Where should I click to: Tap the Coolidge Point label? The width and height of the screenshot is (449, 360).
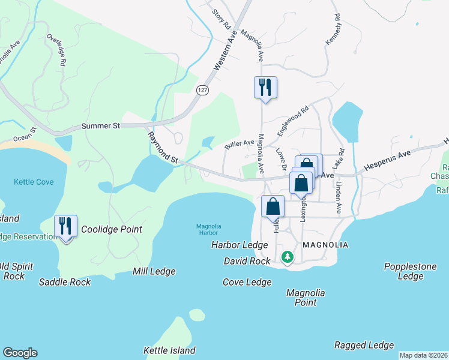111,229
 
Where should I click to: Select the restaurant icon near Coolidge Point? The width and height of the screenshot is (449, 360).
65,226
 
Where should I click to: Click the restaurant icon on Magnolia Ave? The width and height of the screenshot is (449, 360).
265,88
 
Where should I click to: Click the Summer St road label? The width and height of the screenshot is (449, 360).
101,126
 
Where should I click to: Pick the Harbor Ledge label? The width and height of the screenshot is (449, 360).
240,245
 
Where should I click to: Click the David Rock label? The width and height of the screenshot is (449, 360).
247,261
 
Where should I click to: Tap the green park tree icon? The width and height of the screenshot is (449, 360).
288,257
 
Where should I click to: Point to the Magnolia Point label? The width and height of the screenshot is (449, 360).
306,298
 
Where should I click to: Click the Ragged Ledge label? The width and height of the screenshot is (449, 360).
364,345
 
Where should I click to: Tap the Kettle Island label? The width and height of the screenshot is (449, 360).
169,350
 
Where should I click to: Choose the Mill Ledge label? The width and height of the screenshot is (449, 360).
154,272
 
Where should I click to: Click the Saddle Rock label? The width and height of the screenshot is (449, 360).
65,282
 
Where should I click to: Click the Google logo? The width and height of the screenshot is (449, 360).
20,353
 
